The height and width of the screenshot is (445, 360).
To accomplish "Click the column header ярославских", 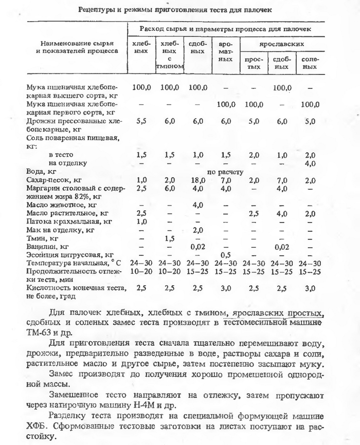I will click(280, 45).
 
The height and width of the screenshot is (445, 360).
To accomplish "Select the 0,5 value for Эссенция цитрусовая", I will click(225, 255).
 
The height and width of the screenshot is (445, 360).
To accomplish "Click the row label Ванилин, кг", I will click(49, 247).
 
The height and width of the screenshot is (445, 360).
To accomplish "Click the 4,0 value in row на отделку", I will click(310, 163).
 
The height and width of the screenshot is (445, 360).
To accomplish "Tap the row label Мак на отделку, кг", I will click(60, 230).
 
